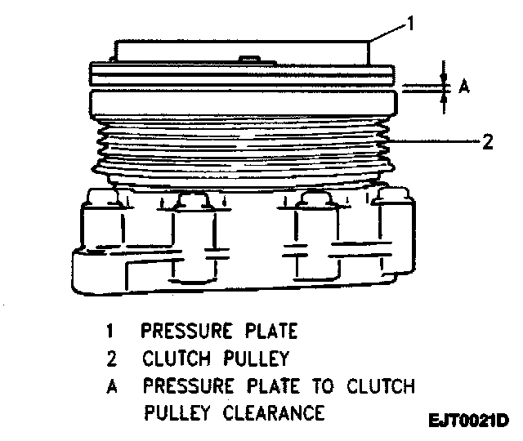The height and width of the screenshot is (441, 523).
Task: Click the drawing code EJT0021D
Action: point(468,421)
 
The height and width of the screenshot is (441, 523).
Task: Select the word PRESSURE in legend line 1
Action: point(182,331)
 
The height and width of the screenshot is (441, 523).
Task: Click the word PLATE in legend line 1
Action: point(270,331)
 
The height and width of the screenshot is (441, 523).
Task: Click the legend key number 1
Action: point(109,332)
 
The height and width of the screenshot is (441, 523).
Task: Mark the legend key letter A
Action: point(110,386)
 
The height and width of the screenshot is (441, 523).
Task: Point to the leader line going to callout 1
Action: point(389,32)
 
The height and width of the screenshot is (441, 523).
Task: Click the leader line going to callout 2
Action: point(433,142)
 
